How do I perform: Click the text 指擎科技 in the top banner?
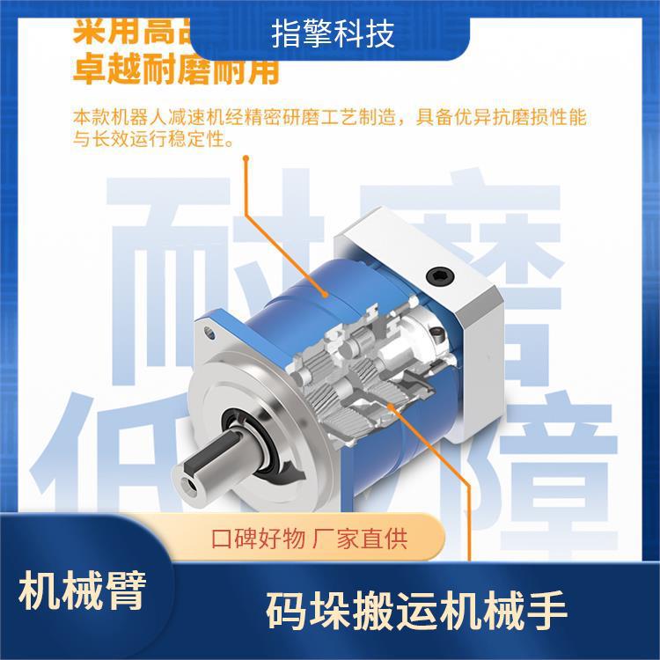(333, 34)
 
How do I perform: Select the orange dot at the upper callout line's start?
(247, 159)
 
